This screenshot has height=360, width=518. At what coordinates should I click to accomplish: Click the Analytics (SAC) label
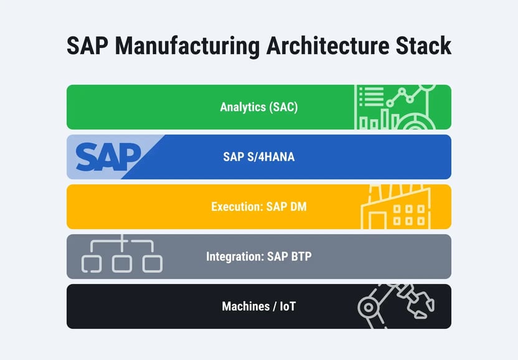click(259, 107)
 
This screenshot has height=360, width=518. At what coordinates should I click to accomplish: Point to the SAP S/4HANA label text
click(259, 157)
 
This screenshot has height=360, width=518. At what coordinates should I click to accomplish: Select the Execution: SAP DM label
click(259, 207)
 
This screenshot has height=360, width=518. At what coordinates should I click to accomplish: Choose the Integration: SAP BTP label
click(259, 257)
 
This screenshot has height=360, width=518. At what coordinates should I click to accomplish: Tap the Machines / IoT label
click(259, 306)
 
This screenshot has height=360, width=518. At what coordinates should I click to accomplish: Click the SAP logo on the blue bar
click(109, 157)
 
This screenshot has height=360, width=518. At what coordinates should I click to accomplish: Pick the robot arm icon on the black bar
click(395, 305)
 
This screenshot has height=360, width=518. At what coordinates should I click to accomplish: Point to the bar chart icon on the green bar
click(376, 120)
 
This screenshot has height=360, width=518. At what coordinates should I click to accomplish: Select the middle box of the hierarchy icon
click(122, 263)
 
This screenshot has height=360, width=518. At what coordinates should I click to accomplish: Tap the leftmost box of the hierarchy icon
click(92, 263)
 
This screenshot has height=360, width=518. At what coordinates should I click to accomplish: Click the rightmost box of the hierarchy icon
click(153, 263)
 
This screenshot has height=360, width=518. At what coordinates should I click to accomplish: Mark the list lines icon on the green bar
click(370, 96)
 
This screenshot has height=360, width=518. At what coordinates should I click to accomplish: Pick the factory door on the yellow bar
click(377, 220)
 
